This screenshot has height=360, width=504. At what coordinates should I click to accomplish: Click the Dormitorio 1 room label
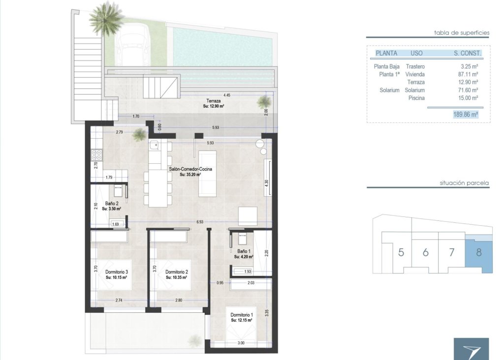coord(241,315)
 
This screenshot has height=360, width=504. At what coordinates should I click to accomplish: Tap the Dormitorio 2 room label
coord(177,272)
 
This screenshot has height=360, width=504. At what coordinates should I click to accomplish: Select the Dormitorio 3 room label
coord(116,272)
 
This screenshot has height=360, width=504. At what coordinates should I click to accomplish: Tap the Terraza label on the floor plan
coord(213,101)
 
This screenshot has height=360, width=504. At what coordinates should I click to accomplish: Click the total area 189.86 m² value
coord(466,114)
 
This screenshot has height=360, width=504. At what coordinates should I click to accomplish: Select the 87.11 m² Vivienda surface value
coord(469,74)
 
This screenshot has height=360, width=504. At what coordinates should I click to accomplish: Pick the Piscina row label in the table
coord(416,98)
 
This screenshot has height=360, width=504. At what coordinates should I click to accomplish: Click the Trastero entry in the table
coord(415,66)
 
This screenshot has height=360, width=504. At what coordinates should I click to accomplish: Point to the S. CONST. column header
coord(467,53)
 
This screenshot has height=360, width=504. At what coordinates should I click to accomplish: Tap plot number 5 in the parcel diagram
coord(401,253)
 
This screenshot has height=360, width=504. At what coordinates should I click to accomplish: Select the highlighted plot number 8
coord(479,253)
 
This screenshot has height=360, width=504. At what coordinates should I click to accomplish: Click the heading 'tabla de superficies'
coord(461,33)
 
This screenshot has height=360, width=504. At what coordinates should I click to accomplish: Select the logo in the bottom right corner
coord(471,349)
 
